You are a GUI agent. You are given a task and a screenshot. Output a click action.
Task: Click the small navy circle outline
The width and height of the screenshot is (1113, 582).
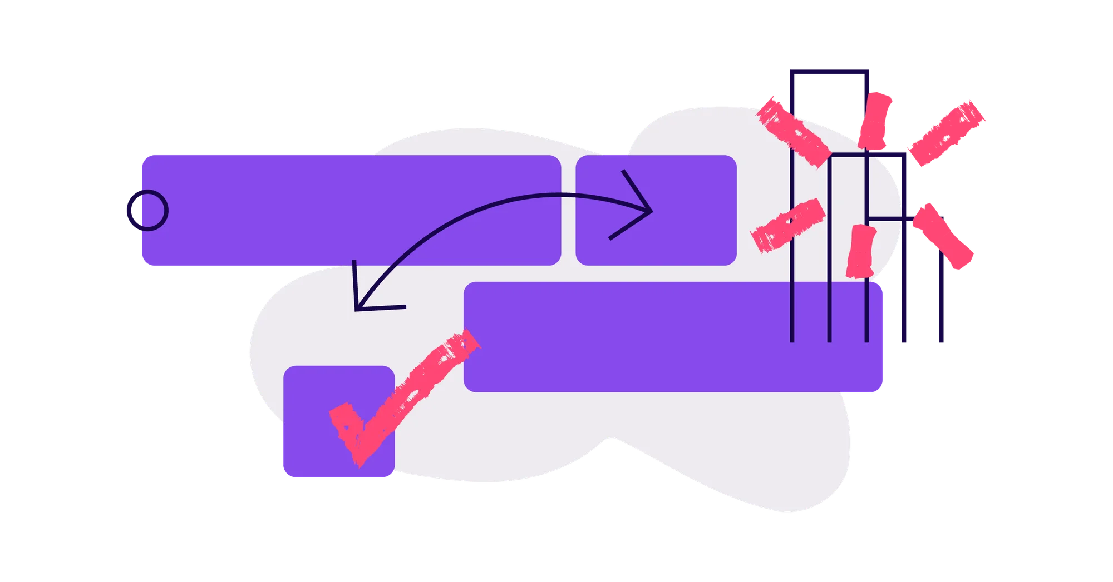[147, 210]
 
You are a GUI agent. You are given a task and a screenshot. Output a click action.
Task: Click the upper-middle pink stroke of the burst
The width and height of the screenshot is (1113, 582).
[875, 120]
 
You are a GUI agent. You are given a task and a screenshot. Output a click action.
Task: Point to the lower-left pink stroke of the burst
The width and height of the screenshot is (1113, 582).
[788, 225]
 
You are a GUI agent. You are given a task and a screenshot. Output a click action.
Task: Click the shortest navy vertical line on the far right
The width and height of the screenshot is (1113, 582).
[940, 300]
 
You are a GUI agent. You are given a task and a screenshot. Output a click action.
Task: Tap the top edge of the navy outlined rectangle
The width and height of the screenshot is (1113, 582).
[829, 71]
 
